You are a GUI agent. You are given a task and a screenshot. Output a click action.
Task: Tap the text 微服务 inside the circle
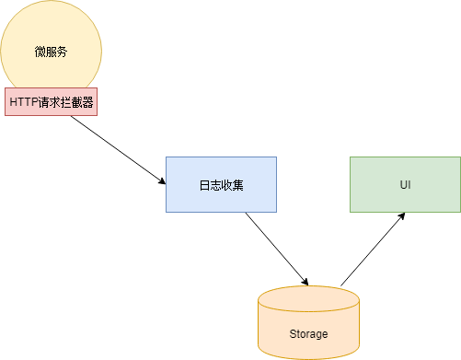[x=51, y=51]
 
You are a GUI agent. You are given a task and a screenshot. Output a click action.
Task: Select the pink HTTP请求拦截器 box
[x=51, y=102]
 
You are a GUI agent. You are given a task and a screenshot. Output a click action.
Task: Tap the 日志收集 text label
[x=221, y=185]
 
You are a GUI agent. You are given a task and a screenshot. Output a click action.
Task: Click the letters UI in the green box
[x=405, y=185]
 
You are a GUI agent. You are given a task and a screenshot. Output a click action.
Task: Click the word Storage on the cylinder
[x=308, y=333]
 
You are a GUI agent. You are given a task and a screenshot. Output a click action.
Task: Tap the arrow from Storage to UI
[x=373, y=249]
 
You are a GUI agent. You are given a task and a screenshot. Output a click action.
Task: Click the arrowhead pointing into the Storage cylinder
[x=305, y=282]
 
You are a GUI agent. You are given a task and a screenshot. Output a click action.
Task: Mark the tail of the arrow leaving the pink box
[x=68, y=117]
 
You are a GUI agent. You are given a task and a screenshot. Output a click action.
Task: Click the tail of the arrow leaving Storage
[x=341, y=285]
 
